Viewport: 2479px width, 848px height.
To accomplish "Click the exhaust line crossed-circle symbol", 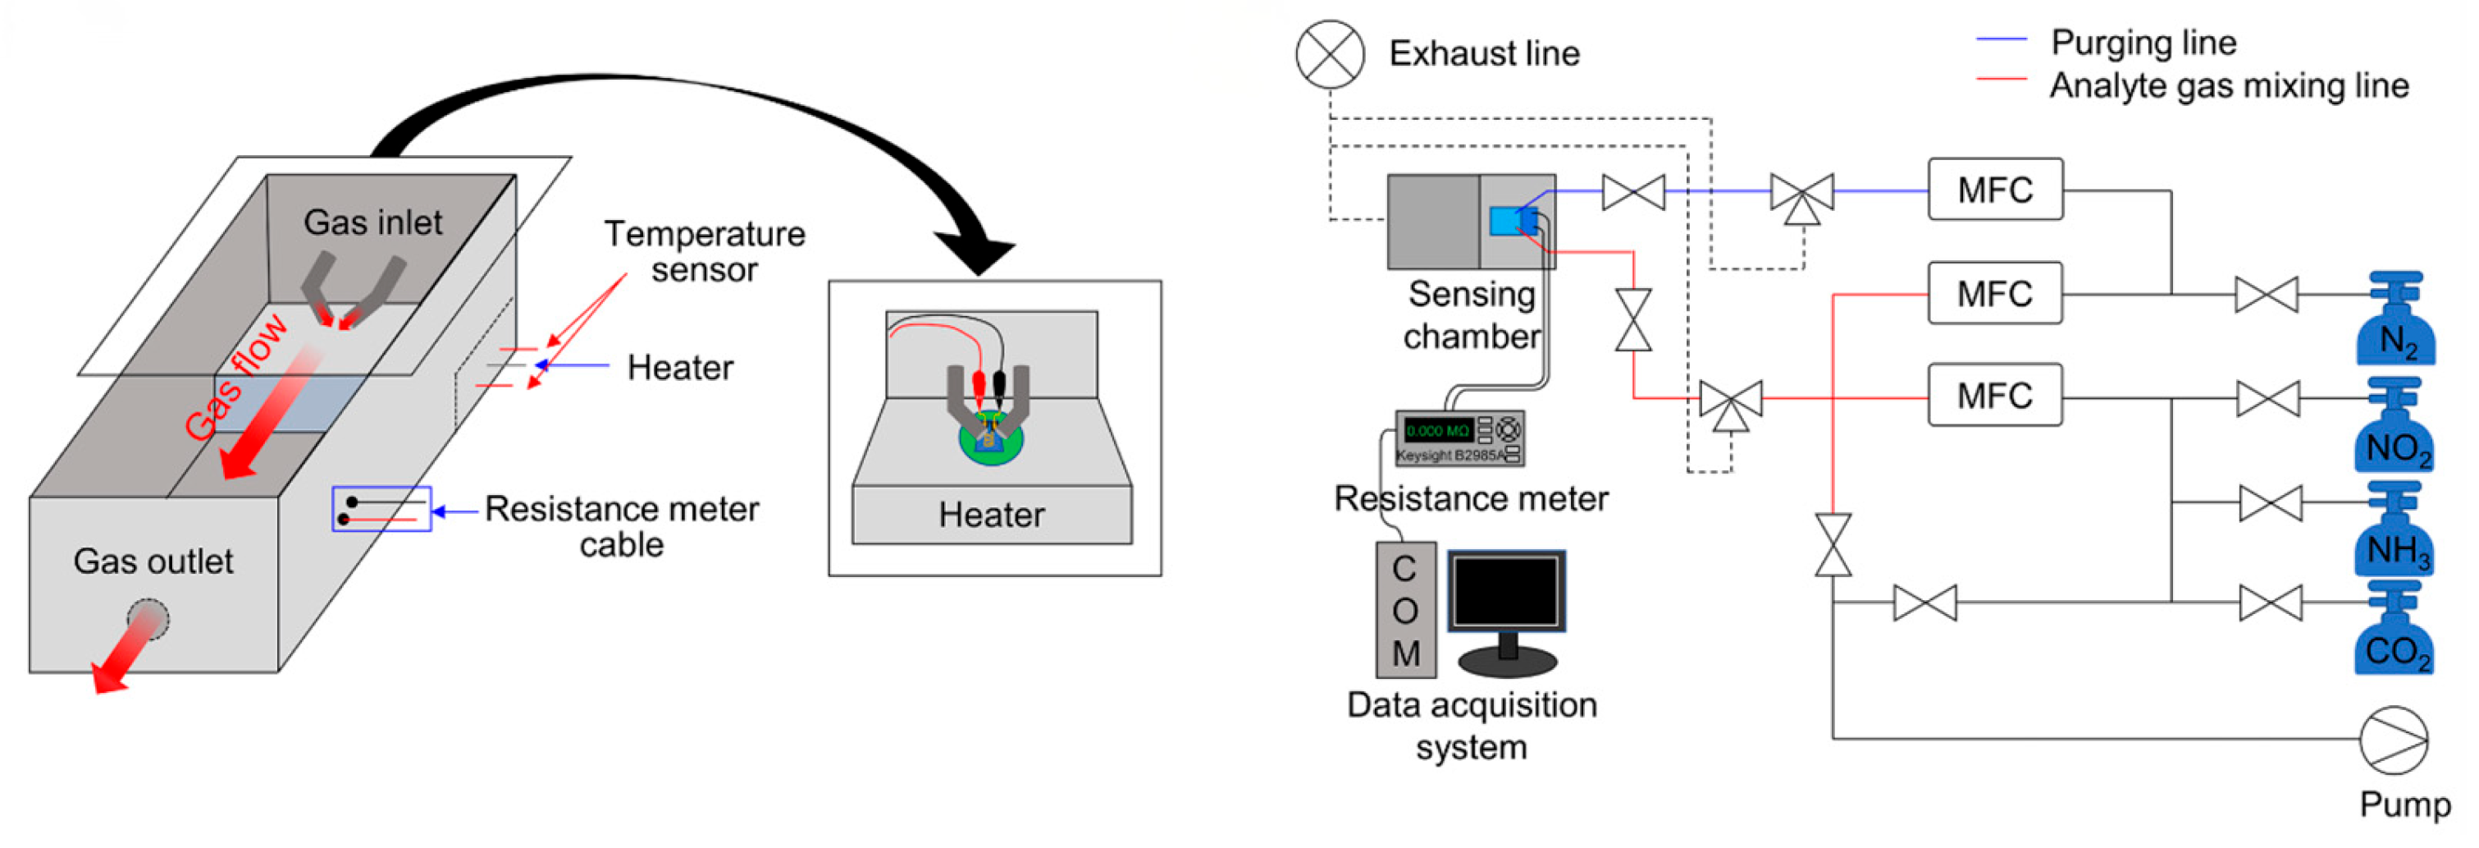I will [1329, 55].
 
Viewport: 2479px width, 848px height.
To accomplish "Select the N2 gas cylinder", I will [2395, 323].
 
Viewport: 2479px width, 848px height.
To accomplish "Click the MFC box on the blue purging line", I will [1995, 190].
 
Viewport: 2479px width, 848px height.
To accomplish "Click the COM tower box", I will [1405, 609].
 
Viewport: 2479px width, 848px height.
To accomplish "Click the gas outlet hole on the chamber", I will [149, 619].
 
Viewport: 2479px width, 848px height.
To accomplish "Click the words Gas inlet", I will [372, 222].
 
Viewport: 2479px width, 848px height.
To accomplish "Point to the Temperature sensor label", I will [704, 251].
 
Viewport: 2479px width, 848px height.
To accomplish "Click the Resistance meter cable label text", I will [622, 525].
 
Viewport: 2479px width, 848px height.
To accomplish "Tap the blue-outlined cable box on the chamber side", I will [381, 509].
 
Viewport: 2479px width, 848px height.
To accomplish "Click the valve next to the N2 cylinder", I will [2266, 295].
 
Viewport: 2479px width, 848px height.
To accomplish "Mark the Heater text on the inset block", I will [991, 515].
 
